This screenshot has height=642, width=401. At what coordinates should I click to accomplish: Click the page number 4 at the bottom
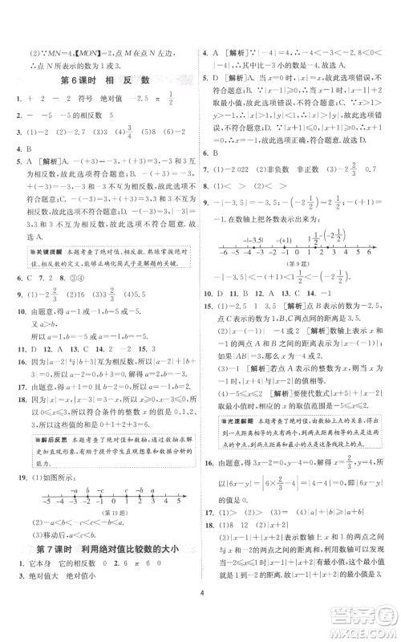coord(200,620)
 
